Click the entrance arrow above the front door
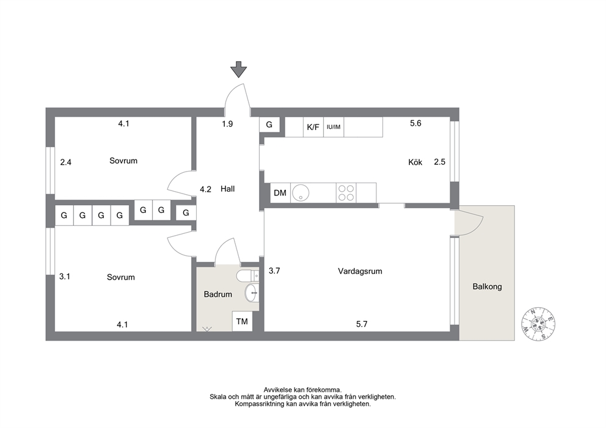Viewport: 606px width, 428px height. pos(238,69)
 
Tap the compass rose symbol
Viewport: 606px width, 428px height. pos(538,324)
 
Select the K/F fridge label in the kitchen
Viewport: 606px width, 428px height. pos(313,127)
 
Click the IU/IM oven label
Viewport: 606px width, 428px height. pos(334,127)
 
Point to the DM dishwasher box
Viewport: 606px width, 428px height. pos(280,193)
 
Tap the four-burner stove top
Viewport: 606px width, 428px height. pos(346,193)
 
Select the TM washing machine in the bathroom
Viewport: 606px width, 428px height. pos(242,321)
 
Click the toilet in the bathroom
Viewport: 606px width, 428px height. pos(247,276)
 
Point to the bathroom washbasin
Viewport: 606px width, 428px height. pos(251,293)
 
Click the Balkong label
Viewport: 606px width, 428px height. pos(487,286)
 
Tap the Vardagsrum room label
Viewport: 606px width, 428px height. pos(360,271)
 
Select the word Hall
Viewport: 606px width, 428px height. pos(228,189)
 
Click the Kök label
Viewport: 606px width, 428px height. pos(415,162)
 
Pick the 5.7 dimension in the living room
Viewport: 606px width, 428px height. pos(362,324)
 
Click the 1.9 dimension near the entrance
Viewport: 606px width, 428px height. pos(227,124)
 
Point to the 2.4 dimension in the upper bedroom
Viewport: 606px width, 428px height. pos(66,162)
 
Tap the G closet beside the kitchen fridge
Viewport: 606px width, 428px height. pos(269,125)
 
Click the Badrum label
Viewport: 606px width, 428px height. pos(218,294)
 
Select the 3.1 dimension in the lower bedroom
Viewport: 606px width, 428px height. pos(65,277)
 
